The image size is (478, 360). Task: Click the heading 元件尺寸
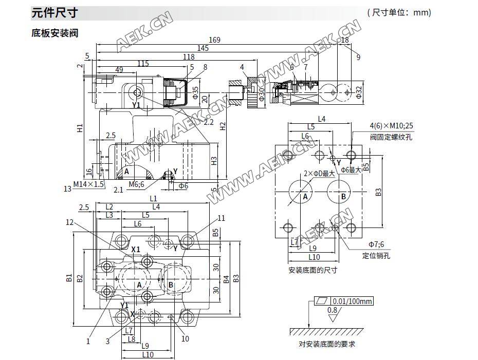point(54,12)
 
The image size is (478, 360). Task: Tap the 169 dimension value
point(214,40)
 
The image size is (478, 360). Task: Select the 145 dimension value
point(203,48)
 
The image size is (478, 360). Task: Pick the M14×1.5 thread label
point(88,184)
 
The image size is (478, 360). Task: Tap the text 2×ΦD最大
point(319,173)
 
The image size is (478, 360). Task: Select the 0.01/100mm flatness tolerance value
point(352,301)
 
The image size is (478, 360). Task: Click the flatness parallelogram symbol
point(322,301)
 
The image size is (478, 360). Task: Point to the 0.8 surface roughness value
point(333,310)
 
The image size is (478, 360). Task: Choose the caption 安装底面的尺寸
point(312,270)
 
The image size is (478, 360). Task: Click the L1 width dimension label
point(153,198)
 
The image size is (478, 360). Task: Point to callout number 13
point(67,188)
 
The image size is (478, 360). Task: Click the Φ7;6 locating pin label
point(376,244)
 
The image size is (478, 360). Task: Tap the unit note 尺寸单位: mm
point(399,12)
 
